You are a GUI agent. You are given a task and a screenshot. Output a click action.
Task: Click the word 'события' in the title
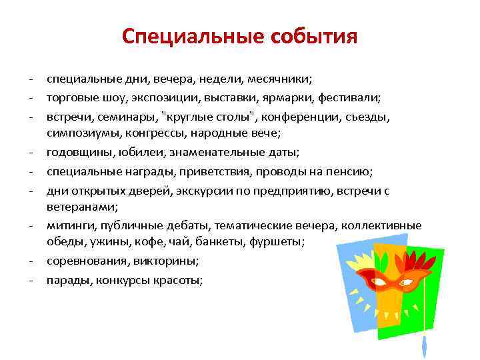point(314,35)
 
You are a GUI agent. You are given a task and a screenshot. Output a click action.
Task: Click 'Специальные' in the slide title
point(193,35)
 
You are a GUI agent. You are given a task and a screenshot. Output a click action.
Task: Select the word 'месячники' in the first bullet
point(275,79)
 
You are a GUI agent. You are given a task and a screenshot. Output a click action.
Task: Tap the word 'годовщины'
point(74,153)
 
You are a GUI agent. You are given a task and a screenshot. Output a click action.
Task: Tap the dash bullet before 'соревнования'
point(32,262)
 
